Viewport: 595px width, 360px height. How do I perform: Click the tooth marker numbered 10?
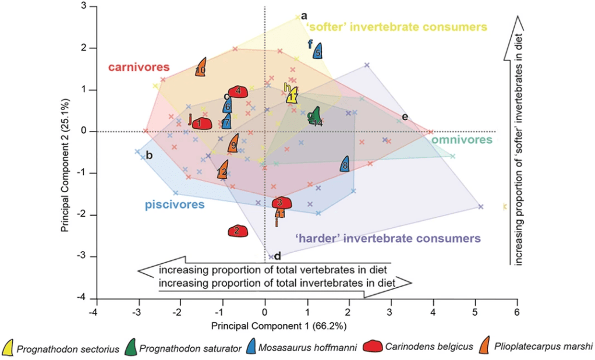(201, 68)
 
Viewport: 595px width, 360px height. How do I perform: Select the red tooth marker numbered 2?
(238, 231)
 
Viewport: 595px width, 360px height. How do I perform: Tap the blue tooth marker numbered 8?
(345, 165)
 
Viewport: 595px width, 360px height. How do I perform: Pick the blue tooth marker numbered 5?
(318, 51)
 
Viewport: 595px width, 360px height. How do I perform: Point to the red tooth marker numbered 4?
(239, 91)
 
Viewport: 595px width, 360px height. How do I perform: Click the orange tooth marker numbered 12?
(222, 171)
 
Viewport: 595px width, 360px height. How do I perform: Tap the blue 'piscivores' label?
(174, 204)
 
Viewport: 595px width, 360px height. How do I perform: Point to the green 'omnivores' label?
(462, 140)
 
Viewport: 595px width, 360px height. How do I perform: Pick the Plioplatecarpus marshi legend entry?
(540, 348)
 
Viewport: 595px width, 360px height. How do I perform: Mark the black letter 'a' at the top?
(304, 15)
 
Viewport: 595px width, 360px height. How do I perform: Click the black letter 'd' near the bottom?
(278, 256)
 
